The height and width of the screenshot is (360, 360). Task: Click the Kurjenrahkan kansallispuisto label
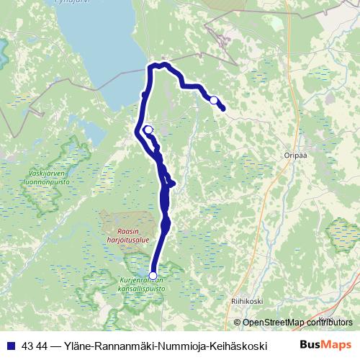(143, 284)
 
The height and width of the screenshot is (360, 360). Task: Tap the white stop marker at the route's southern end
(152, 274)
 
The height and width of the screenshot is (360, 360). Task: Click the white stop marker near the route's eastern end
(213, 100)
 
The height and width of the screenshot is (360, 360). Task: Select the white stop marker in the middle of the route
(148, 130)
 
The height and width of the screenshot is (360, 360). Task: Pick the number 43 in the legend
(28, 345)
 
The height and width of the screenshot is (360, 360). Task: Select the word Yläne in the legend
(78, 345)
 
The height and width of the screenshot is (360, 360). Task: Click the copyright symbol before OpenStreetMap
(238, 323)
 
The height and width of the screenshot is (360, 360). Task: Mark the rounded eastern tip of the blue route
(223, 109)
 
